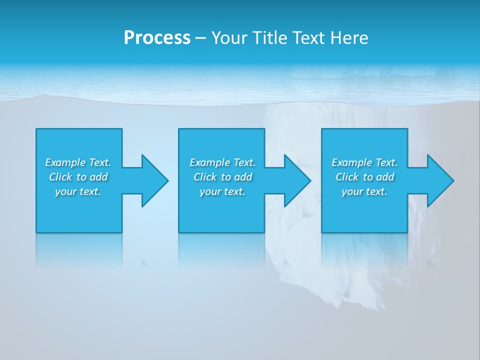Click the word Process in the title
(x=157, y=37)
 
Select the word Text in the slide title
(x=308, y=37)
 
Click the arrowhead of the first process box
(x=154, y=180)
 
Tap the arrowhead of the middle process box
(x=297, y=180)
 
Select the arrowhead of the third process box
(x=440, y=180)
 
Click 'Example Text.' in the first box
(x=78, y=162)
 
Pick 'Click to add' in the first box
(x=78, y=177)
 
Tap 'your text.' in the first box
(x=78, y=191)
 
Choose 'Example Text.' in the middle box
(x=222, y=162)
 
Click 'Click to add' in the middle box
(x=222, y=177)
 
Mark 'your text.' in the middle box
(x=222, y=191)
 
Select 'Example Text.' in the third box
(x=364, y=162)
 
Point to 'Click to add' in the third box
(x=364, y=177)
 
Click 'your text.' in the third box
(x=364, y=191)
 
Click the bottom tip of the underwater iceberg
(x=345, y=302)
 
